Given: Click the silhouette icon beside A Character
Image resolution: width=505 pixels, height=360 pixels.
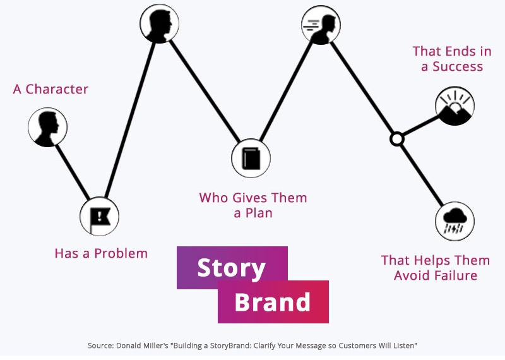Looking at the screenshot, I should click(47, 127).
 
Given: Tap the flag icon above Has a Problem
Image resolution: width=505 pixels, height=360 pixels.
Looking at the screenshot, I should click(99, 216).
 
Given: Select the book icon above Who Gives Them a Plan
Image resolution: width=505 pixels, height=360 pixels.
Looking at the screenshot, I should click(251, 158).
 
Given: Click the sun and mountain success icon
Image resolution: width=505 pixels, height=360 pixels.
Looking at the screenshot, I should click(454, 106).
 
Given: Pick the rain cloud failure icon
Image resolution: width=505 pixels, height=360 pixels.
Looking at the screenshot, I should click(454, 221).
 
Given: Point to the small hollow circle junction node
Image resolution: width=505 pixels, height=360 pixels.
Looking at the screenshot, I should click(396, 138).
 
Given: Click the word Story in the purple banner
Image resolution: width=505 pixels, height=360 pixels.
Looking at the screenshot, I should click(231, 268).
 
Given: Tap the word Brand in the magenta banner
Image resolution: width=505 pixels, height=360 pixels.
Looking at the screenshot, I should click(272, 302).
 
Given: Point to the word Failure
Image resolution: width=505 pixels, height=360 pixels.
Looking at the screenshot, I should click(455, 275).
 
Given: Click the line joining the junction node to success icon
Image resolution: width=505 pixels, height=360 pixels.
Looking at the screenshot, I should click(419, 126).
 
